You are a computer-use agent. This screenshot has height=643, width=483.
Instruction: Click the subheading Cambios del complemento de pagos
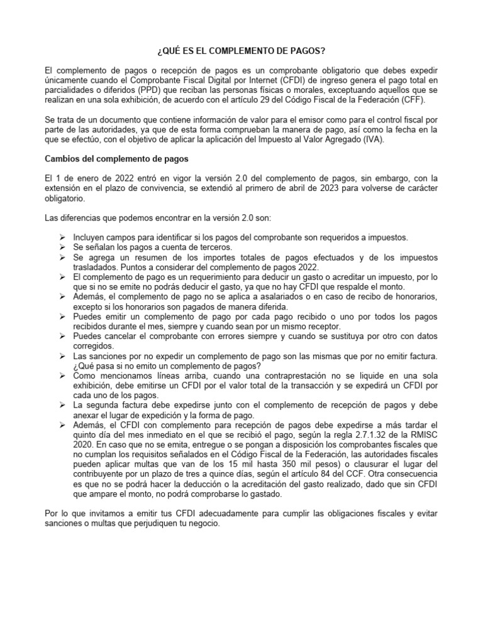[x=118, y=159]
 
